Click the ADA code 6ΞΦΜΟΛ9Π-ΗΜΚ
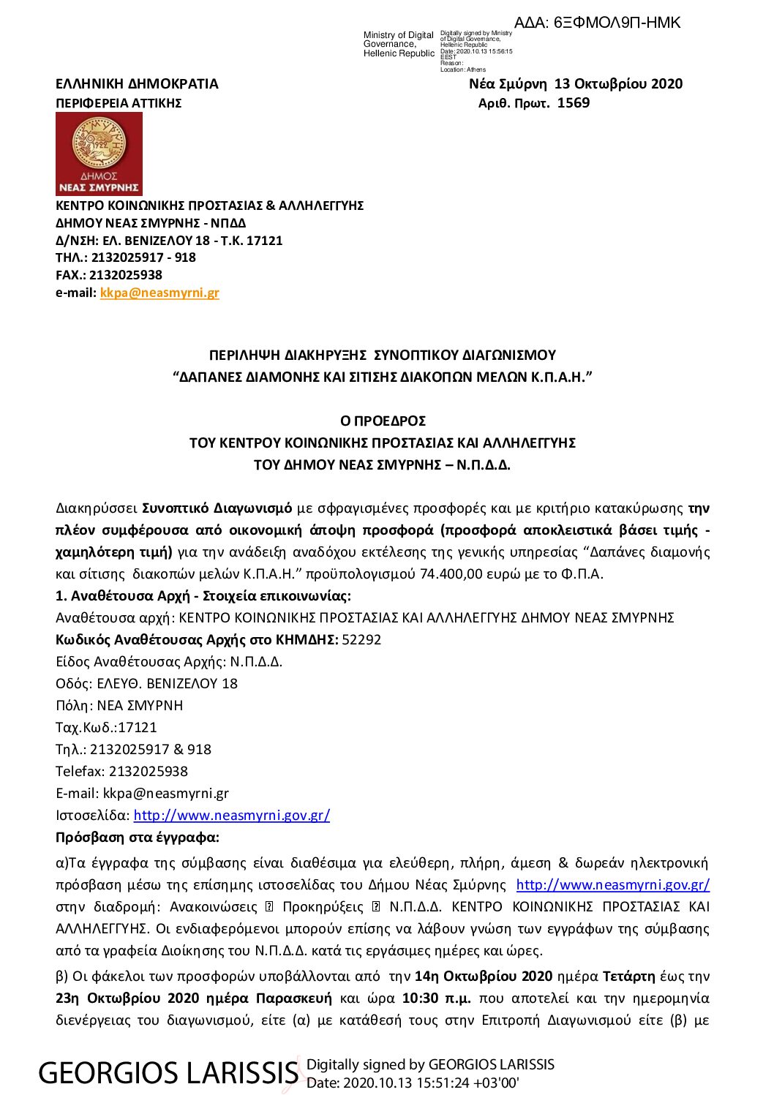(x=617, y=23)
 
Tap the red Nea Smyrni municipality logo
(x=99, y=153)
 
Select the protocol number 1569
(x=573, y=103)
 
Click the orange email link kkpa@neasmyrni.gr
(x=159, y=293)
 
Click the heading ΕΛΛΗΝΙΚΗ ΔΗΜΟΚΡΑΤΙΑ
(x=137, y=84)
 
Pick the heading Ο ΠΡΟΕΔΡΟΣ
(x=383, y=421)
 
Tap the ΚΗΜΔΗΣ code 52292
(x=361, y=640)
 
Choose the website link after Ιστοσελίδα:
(x=231, y=816)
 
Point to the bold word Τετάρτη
(x=628, y=977)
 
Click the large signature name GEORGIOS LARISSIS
(x=168, y=1073)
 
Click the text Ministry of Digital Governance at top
(x=399, y=44)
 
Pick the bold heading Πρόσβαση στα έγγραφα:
(x=138, y=838)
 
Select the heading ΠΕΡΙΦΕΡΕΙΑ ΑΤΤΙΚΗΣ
(x=119, y=103)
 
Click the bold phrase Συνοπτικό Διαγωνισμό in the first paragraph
(x=217, y=508)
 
